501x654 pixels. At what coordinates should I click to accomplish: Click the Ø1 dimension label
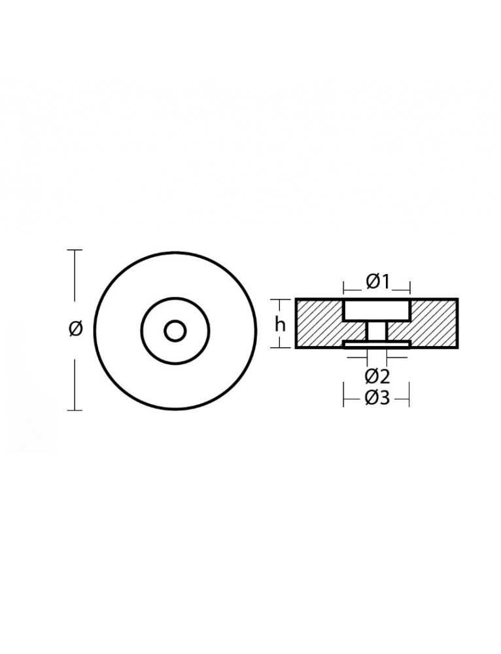[377, 282]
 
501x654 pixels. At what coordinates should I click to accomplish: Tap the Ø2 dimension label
[377, 377]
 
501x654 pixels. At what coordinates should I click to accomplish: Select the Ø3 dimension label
[377, 398]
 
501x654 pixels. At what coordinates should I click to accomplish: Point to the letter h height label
[280, 324]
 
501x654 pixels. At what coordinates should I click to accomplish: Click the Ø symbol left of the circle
[75, 330]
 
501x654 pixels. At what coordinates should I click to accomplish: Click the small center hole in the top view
[175, 331]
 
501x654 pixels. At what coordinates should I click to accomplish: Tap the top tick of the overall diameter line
[75, 250]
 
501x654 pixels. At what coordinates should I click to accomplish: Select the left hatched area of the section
[319, 324]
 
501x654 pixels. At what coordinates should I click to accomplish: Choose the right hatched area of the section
[433, 324]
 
